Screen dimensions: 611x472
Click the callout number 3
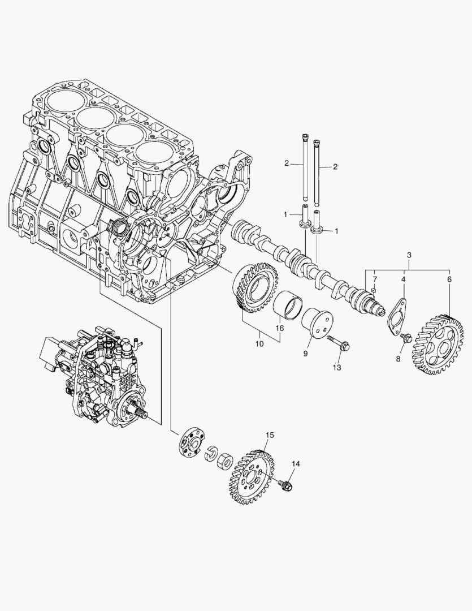tap(409, 256)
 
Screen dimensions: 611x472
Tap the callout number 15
tap(270, 434)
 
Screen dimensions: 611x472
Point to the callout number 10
tap(260, 343)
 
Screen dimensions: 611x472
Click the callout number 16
tap(279, 328)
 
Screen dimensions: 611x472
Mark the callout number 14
tap(295, 464)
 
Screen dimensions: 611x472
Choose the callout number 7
tap(374, 279)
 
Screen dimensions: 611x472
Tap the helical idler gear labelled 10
tap(255, 289)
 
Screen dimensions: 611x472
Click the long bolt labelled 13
tap(337, 342)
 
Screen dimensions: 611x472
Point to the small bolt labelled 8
tap(405, 338)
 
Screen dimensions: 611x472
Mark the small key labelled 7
tap(374, 291)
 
